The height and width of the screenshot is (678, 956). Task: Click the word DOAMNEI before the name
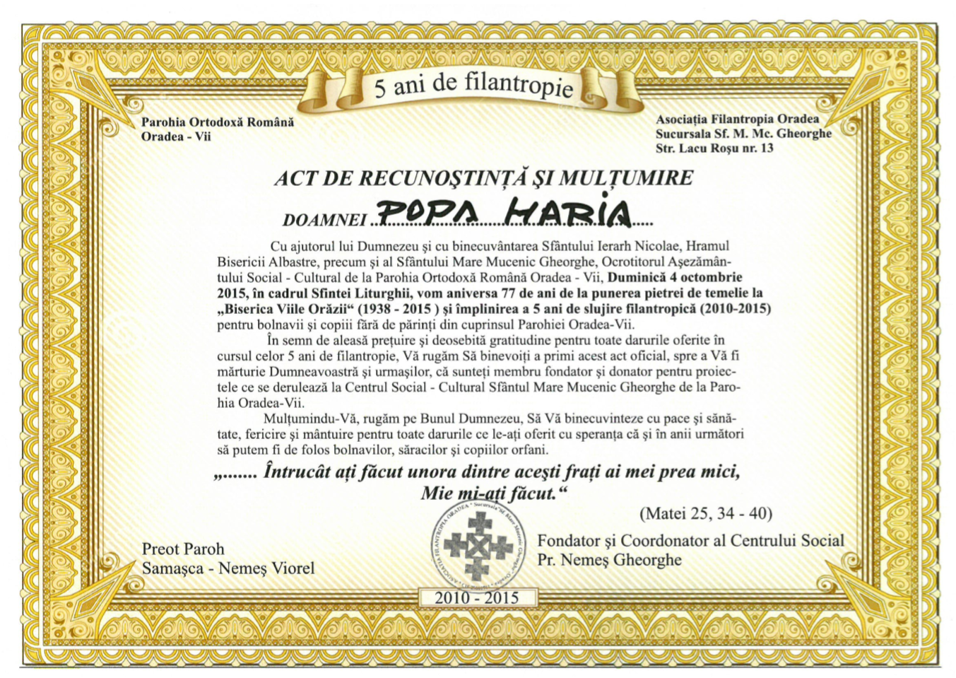pyautogui.click(x=324, y=221)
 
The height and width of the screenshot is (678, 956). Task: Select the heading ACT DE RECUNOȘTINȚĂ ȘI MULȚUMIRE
pyautogui.click(x=483, y=178)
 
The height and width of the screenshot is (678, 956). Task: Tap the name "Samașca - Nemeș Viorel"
pyautogui.click(x=228, y=568)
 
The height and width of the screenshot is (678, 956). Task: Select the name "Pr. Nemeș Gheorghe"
pyautogui.click(x=609, y=560)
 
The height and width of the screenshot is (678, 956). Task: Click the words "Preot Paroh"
pyautogui.click(x=183, y=549)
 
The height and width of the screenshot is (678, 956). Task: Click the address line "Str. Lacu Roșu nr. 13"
pyautogui.click(x=714, y=148)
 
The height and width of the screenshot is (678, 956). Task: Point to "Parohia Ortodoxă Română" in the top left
pyautogui.click(x=218, y=122)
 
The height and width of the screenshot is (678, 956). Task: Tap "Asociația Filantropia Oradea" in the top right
pyautogui.click(x=737, y=119)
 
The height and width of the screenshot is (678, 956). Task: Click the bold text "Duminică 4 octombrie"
pyautogui.click(x=675, y=277)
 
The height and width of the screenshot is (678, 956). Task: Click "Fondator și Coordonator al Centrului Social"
pyautogui.click(x=690, y=541)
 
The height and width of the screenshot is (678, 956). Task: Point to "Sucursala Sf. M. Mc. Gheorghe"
pyautogui.click(x=743, y=134)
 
